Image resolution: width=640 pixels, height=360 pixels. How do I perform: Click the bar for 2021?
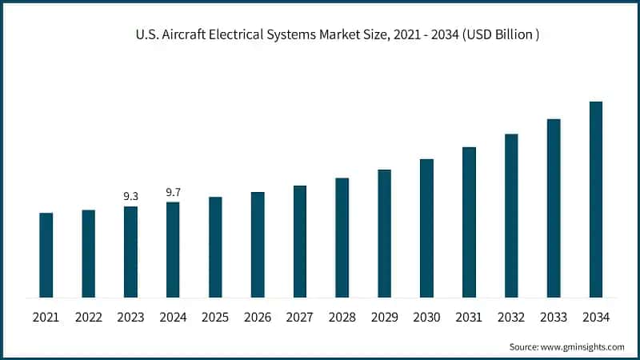click(x=46, y=255)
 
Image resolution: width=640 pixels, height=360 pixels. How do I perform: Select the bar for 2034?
click(x=596, y=199)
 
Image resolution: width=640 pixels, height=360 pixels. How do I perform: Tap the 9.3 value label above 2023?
click(x=131, y=195)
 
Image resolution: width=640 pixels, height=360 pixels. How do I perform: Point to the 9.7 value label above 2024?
click(x=174, y=192)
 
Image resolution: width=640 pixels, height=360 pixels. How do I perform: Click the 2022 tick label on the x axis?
click(x=89, y=318)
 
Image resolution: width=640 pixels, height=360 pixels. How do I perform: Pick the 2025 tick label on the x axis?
click(x=215, y=318)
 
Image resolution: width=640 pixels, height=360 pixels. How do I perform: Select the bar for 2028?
click(x=342, y=238)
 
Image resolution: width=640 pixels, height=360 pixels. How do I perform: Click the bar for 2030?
click(x=427, y=228)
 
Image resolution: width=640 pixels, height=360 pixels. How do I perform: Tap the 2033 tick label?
click(x=554, y=318)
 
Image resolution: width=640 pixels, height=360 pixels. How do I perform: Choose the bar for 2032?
click(x=511, y=215)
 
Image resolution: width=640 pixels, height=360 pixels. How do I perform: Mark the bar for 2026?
click(x=258, y=245)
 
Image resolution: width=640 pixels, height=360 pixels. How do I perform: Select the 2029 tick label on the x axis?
click(x=385, y=318)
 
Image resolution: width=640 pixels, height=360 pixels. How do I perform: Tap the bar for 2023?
click(x=131, y=252)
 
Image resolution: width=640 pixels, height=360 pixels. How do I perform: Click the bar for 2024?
click(x=174, y=250)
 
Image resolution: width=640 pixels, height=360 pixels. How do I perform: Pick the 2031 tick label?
click(x=469, y=318)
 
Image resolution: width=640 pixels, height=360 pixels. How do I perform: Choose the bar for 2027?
click(x=300, y=242)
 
